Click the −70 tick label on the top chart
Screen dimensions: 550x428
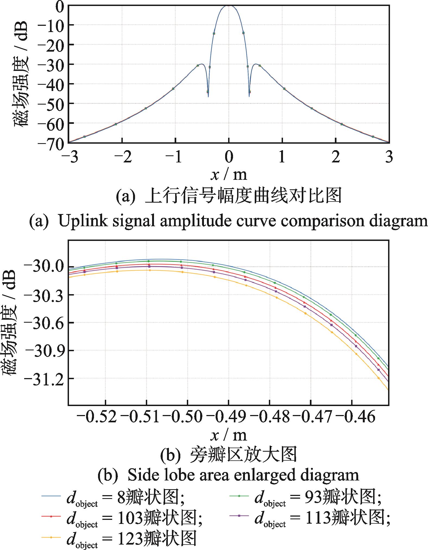51,143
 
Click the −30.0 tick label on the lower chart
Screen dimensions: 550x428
44,266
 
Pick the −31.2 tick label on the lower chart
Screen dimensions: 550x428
44,378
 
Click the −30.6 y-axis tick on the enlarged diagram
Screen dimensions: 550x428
44,323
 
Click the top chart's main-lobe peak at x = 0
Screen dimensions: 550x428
229,5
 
